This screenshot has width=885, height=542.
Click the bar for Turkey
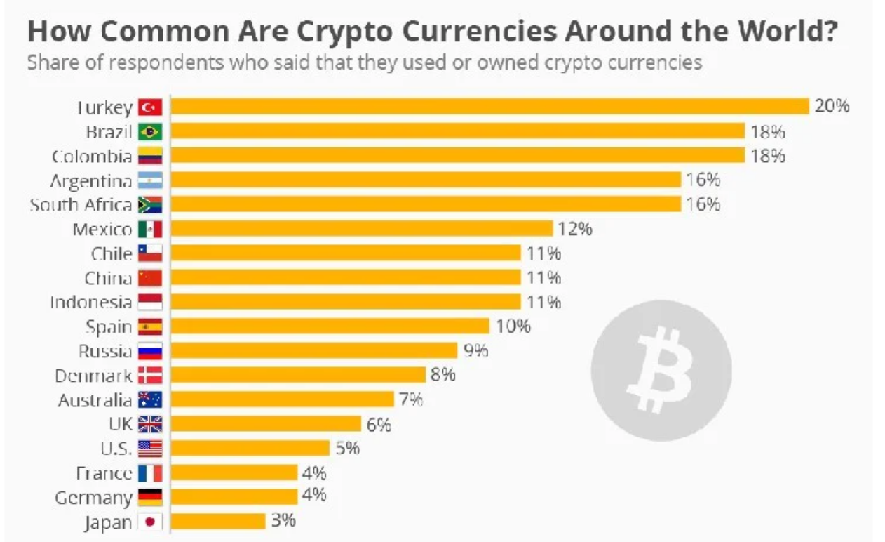tap(490, 106)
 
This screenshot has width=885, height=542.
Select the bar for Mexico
tap(362, 229)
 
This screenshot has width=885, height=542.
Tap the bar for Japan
tap(218, 521)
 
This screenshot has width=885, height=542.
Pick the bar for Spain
tap(330, 326)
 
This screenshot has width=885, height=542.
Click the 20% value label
tap(832, 106)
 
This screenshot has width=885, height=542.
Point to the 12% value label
tap(575, 229)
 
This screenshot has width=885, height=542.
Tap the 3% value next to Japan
tap(283, 521)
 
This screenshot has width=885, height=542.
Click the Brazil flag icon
tap(150, 131)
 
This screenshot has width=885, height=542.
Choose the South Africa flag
tap(150, 204)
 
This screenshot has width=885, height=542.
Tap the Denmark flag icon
tap(150, 376)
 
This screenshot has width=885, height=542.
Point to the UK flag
tap(150, 424)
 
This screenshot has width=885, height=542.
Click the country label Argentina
tap(90, 180)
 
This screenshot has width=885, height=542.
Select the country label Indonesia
tap(90, 302)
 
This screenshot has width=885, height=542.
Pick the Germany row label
tap(93, 498)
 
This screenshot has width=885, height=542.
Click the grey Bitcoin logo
tap(661, 370)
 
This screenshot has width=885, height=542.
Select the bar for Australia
tap(282, 399)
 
